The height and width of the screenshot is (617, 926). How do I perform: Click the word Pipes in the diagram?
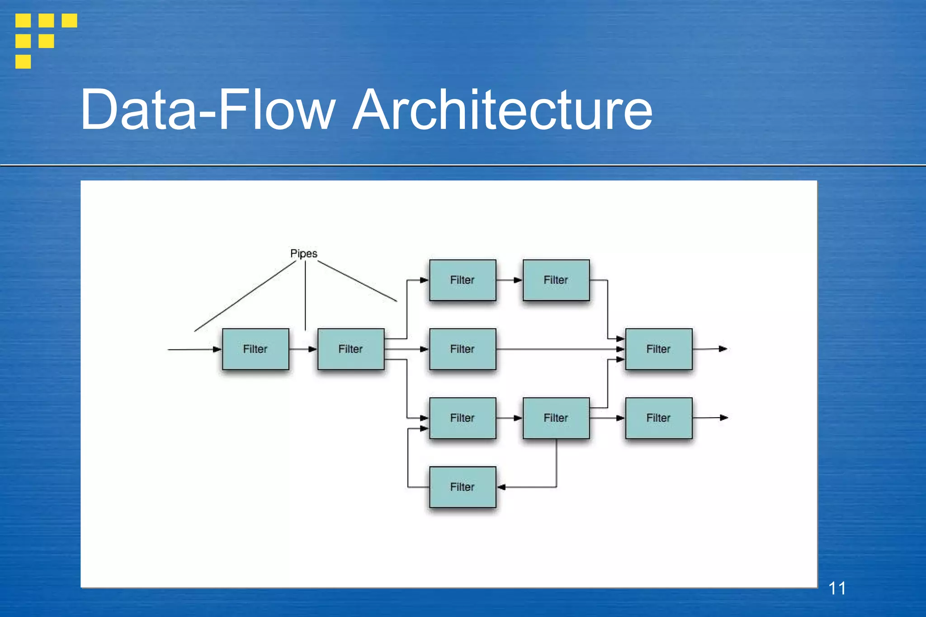[303, 254]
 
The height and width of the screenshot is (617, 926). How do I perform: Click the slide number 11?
[836, 588]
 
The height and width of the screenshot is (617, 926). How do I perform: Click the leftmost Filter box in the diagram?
[255, 349]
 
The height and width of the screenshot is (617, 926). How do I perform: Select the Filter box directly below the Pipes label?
[351, 349]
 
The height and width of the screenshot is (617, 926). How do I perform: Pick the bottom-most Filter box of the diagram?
[463, 487]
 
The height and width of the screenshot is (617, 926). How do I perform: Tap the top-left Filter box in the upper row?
[463, 280]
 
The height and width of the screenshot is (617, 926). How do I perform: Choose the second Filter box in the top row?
[556, 280]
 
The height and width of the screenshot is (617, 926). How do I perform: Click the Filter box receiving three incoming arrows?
[659, 349]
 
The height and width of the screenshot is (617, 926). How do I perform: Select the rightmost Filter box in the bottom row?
[659, 418]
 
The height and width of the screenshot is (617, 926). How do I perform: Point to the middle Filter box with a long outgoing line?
[463, 349]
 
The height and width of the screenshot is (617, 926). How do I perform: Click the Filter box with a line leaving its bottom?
[556, 418]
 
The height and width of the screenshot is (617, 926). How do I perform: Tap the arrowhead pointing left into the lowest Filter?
[501, 487]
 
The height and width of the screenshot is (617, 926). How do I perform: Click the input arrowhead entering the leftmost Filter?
[217, 349]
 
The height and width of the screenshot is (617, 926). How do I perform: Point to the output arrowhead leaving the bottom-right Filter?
[724, 418]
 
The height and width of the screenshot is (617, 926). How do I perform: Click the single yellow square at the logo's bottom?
[23, 61]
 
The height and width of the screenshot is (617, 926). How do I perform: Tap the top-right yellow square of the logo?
[69, 20]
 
